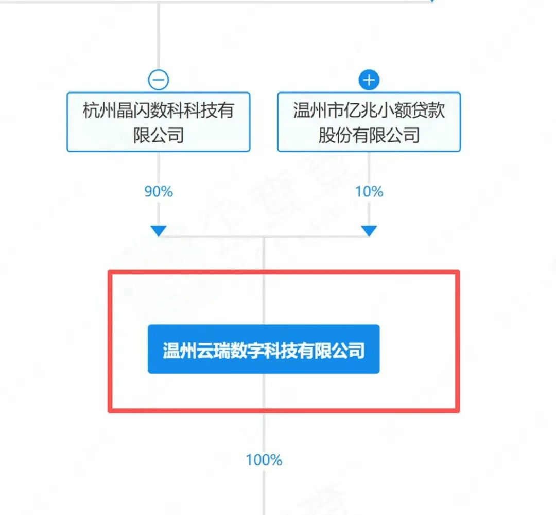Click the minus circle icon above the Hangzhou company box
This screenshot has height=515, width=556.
(x=158, y=80)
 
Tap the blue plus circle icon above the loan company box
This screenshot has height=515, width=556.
(x=369, y=80)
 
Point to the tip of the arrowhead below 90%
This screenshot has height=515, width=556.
(x=159, y=236)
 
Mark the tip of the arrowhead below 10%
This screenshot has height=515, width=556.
(x=369, y=236)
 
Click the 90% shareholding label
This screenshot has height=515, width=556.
(x=159, y=192)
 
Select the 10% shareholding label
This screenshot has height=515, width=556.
(x=369, y=192)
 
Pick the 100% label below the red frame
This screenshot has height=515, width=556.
(x=264, y=460)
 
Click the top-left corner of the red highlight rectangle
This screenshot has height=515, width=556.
(x=108, y=271)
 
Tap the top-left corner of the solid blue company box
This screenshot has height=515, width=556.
(x=148, y=325)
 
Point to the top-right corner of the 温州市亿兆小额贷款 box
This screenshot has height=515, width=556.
(x=460, y=93)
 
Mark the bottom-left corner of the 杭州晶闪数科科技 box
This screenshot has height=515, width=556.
(x=67, y=152)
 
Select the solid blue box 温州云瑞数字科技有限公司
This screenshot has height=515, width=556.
(x=264, y=349)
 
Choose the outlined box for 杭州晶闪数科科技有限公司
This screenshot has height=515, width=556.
(x=159, y=122)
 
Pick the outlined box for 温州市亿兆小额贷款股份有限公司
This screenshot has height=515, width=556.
(x=369, y=122)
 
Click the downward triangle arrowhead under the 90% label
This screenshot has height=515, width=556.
(x=159, y=231)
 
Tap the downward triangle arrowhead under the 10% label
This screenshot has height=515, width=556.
(x=369, y=231)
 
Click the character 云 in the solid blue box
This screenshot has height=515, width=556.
(x=205, y=351)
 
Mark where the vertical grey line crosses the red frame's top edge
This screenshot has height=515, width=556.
(x=264, y=272)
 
